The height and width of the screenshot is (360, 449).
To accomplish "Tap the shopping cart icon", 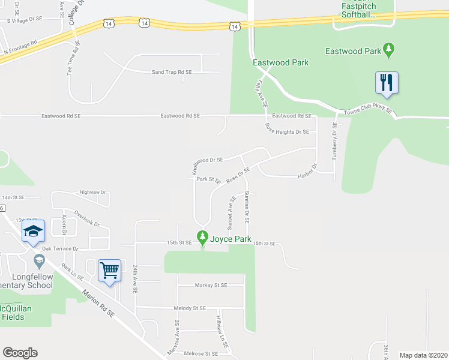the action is tap(109, 271).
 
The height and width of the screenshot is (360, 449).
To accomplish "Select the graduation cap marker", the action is tap(33, 232).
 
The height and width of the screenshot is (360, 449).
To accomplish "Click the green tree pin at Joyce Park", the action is tap(202, 238).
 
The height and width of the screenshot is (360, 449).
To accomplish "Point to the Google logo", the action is tap(20, 353).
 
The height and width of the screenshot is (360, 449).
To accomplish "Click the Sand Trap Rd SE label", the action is tap(172, 72).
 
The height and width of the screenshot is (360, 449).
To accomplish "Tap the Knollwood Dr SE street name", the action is tap(208, 160).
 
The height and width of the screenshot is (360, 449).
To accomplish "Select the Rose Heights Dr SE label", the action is tap(288, 131).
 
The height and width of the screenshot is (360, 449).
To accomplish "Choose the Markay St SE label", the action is tap(211, 286).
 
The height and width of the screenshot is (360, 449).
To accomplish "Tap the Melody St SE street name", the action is tap(190, 308).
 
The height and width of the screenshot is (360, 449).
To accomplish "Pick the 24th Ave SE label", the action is tap(136, 278).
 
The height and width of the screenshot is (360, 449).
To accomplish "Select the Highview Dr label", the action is tap(92, 193).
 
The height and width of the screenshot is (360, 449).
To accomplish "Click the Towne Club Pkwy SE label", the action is tap(368, 111).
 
